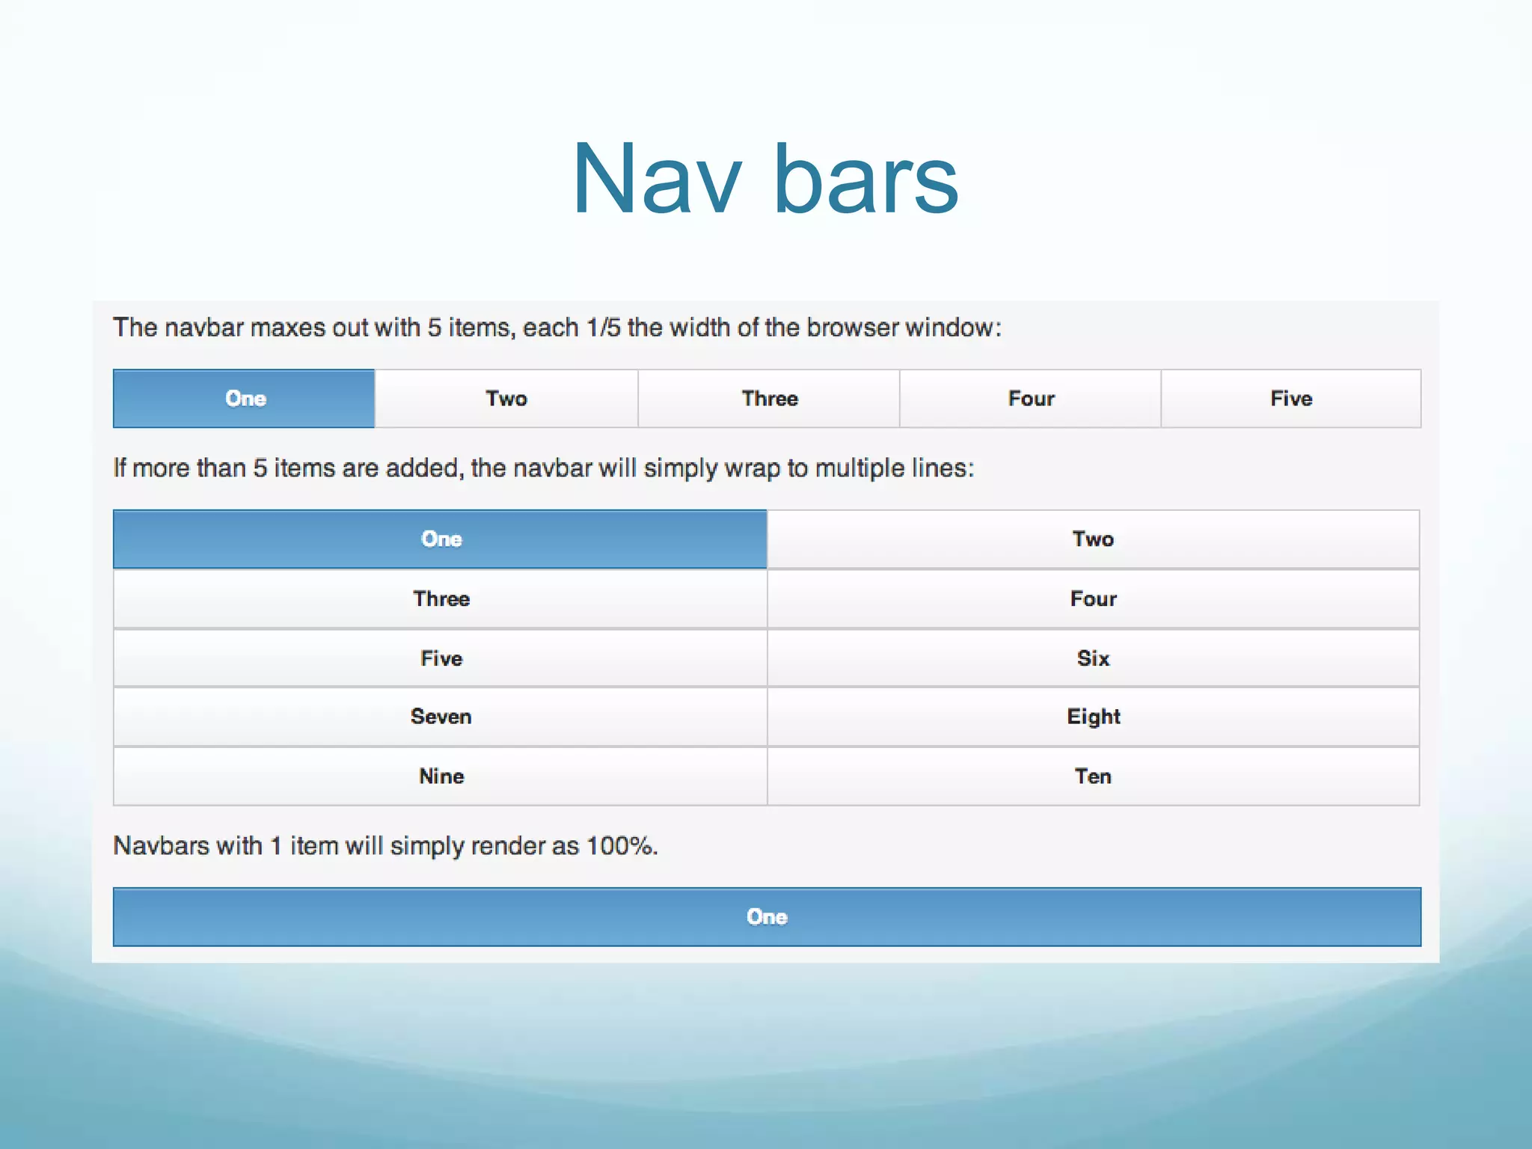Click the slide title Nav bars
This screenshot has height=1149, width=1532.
(765, 180)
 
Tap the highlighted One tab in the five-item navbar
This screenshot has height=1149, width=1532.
(245, 399)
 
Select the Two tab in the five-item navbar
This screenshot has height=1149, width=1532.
(506, 399)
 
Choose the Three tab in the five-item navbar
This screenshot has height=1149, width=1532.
(769, 399)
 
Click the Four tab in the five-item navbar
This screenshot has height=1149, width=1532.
(1031, 399)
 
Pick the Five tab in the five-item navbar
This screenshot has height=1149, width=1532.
(1291, 399)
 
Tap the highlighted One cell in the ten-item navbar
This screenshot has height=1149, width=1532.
(441, 539)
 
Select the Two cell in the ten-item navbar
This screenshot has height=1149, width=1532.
(1093, 539)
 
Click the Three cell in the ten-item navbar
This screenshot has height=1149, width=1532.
(441, 599)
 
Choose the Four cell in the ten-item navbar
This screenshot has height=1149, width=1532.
(1093, 599)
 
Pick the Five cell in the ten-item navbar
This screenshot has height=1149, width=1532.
(441, 658)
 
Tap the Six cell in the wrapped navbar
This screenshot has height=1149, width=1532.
(1093, 658)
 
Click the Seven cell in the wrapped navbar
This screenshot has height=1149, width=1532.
(441, 717)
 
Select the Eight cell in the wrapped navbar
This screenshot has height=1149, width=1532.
(1093, 717)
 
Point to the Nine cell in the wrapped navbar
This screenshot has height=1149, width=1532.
(441, 776)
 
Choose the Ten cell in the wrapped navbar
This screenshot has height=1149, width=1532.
(1093, 776)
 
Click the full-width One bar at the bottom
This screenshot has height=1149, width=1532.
(767, 917)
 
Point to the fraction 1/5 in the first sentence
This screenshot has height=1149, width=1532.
(603, 328)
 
